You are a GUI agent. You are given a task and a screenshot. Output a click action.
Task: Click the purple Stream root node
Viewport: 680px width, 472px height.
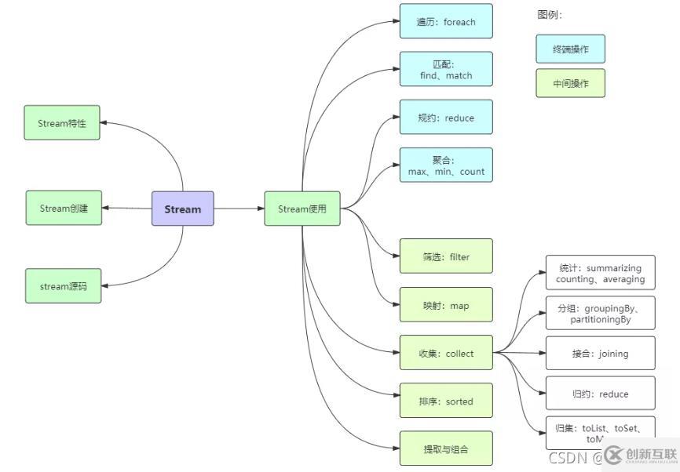pyautogui.click(x=182, y=209)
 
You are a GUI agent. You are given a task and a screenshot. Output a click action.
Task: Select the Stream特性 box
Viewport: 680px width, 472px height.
pyautogui.click(x=62, y=123)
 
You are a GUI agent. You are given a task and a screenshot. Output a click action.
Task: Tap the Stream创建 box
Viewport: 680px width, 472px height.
pyautogui.click(x=64, y=208)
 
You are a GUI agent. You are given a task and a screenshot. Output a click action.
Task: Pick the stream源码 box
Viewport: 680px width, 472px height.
pyautogui.click(x=64, y=286)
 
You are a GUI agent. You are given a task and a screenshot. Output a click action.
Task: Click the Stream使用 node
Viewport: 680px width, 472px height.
pyautogui.click(x=302, y=209)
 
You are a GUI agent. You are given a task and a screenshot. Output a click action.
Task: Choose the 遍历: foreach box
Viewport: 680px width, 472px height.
pyautogui.click(x=446, y=21)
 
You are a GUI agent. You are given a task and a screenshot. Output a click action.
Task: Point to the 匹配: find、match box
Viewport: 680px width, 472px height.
pyautogui.click(x=446, y=69)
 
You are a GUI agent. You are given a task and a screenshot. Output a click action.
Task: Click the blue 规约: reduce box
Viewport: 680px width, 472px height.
pyautogui.click(x=446, y=118)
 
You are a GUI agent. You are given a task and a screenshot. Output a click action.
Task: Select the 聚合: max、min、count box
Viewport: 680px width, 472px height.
pyautogui.click(x=446, y=165)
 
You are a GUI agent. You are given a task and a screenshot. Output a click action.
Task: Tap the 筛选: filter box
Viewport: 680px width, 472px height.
pyautogui.click(x=446, y=256)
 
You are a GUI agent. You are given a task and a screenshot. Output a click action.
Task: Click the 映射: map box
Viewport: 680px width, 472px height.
pyautogui.click(x=446, y=305)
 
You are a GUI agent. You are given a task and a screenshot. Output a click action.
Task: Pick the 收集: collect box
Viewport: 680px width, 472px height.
pyautogui.click(x=446, y=353)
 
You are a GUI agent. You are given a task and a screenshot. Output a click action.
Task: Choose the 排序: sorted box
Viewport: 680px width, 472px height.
pyautogui.click(x=446, y=401)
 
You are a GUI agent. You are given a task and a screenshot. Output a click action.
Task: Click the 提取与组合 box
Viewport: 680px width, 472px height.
pyautogui.click(x=446, y=448)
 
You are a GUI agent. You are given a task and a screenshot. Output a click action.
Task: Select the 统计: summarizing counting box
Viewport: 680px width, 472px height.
pyautogui.click(x=600, y=273)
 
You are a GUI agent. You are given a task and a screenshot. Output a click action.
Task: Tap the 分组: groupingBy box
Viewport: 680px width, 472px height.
pyautogui.click(x=600, y=314)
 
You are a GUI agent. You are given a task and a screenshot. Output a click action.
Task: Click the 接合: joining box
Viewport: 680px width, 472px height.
pyautogui.click(x=600, y=354)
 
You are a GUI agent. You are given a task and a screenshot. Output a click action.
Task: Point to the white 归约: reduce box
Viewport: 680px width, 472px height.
pyautogui.click(x=600, y=394)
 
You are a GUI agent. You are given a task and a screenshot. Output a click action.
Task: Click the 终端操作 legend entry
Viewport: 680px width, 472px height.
pyautogui.click(x=570, y=49)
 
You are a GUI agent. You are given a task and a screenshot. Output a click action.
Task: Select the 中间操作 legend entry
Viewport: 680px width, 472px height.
pyautogui.click(x=570, y=83)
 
